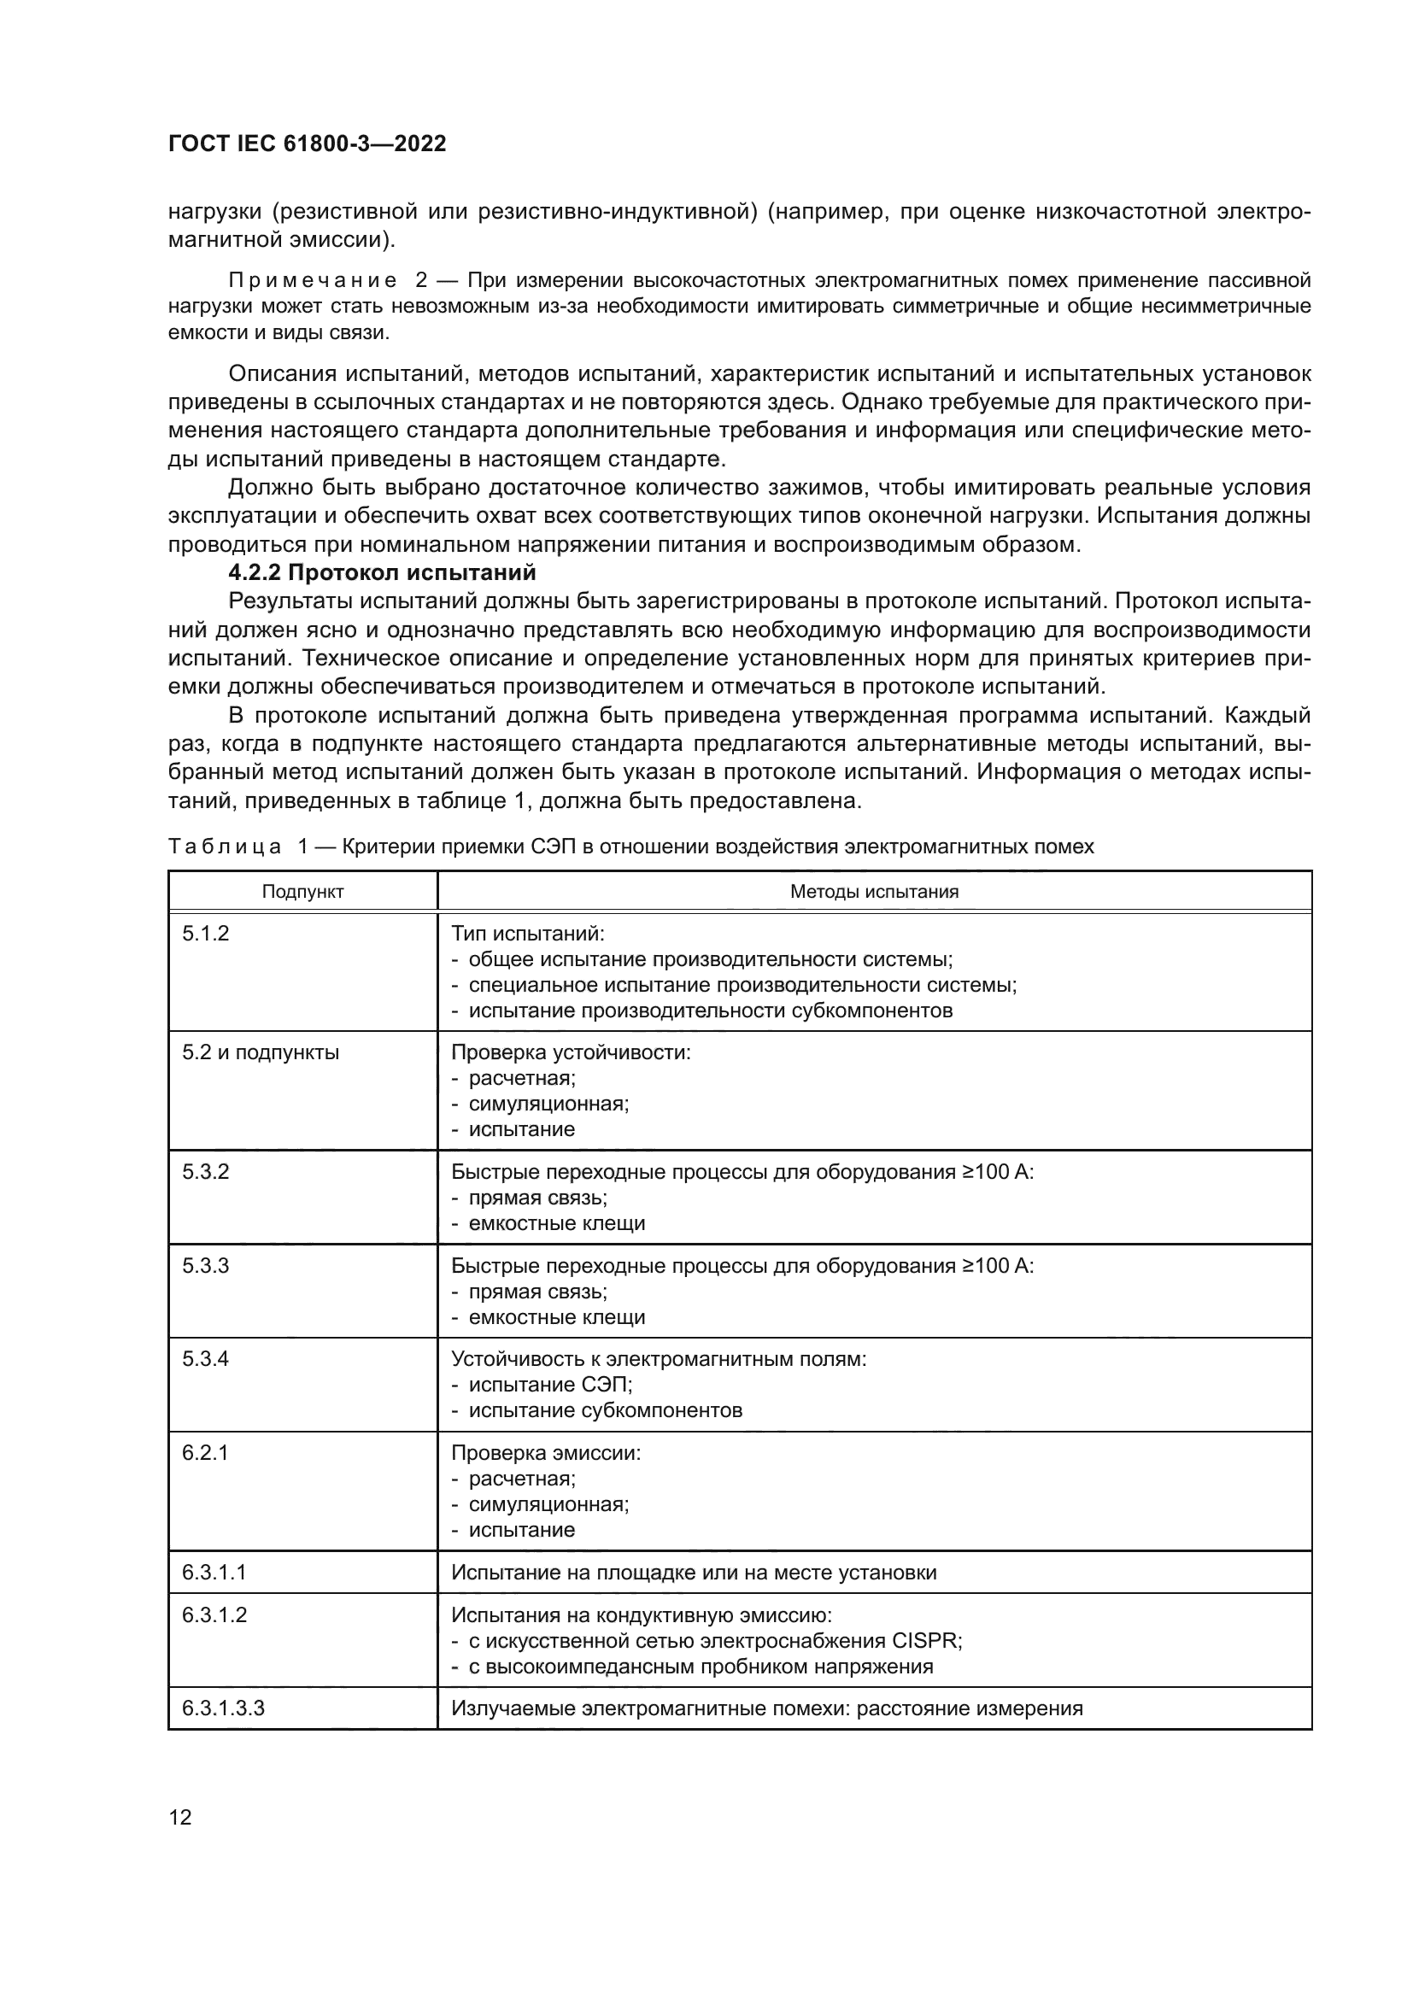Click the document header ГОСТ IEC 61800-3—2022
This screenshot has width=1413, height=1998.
tap(307, 144)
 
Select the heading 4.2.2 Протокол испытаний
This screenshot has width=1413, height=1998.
tap(382, 572)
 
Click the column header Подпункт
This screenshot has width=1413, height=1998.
tap(302, 891)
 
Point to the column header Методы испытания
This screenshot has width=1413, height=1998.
tap(874, 891)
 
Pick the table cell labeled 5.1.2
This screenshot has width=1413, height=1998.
tap(205, 934)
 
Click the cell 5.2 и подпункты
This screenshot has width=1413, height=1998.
tap(261, 1053)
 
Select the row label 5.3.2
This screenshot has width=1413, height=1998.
tap(205, 1171)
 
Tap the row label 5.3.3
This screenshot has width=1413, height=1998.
tap(205, 1265)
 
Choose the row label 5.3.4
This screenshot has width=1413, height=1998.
tap(205, 1358)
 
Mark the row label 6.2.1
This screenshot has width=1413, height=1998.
tap(205, 1452)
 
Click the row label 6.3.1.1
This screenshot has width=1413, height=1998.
tap(214, 1573)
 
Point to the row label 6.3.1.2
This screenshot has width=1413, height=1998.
tap(214, 1614)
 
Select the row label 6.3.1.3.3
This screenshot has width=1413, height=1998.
tap(223, 1708)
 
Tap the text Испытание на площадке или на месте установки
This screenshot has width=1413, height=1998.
tap(694, 1573)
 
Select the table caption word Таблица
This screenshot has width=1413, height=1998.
tap(225, 846)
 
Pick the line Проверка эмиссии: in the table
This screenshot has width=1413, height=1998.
tap(546, 1453)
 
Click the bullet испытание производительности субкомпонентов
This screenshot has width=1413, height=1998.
tap(710, 1011)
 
